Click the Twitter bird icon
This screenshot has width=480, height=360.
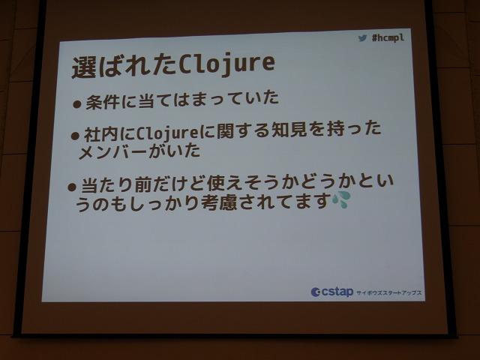362,38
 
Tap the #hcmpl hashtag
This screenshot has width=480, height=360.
388,37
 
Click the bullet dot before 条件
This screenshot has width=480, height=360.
76,104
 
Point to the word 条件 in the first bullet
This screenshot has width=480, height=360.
103,101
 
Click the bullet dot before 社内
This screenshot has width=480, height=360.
75,136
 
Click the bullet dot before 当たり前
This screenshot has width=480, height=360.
72,187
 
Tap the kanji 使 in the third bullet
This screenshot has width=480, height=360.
216,183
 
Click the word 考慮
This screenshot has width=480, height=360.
219,202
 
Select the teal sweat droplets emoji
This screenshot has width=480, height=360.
341,199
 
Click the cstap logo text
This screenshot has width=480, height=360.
337,292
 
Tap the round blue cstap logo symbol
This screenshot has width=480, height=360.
315,292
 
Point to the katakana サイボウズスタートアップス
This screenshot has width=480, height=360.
388,292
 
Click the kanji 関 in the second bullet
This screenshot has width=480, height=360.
226,131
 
